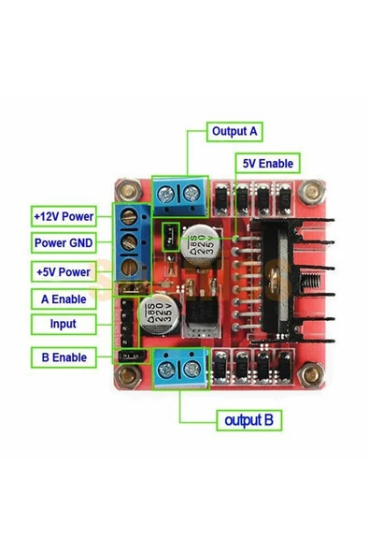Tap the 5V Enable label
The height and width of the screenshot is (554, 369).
point(267,163)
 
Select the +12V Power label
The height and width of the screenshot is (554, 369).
point(64,216)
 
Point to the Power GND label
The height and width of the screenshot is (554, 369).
point(63,243)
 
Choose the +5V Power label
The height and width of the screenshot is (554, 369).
point(63,272)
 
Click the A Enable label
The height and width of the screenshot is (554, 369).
point(63,299)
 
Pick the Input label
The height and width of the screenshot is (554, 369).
point(63,324)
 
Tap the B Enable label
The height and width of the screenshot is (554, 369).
point(63,357)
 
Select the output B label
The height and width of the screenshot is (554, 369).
point(248,420)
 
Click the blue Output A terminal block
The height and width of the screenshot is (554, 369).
point(180,194)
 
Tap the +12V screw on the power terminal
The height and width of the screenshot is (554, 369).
point(132,218)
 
